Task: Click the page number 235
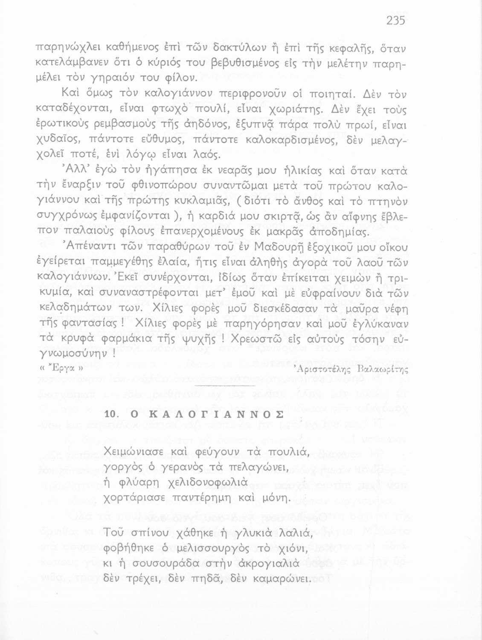tap(395, 20)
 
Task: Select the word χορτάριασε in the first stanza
tap(137, 498)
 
